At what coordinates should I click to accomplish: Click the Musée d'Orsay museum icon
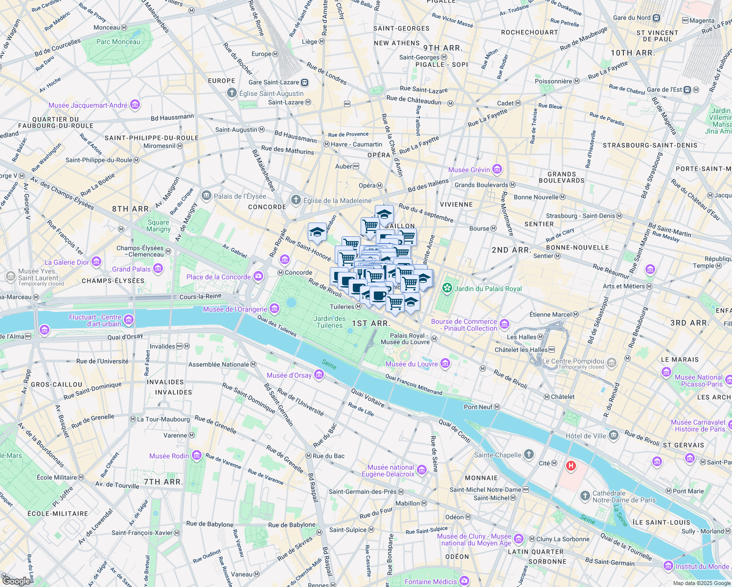[x=319, y=375]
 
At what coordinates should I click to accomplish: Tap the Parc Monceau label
[x=118, y=42]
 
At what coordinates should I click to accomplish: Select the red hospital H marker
[x=571, y=466]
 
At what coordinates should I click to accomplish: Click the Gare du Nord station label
[x=632, y=18]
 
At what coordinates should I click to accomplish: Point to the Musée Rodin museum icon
[x=197, y=456]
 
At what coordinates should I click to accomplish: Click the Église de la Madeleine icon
[x=296, y=200]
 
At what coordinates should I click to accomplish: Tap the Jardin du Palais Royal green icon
[x=447, y=289]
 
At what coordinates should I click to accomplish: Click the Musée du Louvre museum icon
[x=445, y=363]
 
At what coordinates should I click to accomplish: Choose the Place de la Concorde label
[x=218, y=277]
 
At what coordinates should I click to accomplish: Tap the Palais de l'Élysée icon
[x=206, y=196]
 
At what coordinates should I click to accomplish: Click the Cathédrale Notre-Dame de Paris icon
[x=585, y=497]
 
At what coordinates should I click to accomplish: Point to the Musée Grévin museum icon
[x=497, y=170]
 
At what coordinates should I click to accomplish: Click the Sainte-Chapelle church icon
[x=528, y=454]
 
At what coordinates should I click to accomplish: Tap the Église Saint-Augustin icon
[x=232, y=93]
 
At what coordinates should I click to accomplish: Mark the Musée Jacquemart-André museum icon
[x=135, y=105]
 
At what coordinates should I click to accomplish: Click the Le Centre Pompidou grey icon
[x=612, y=362]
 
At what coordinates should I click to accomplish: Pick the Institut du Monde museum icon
[x=668, y=566]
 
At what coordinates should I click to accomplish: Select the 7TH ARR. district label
[x=163, y=482]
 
